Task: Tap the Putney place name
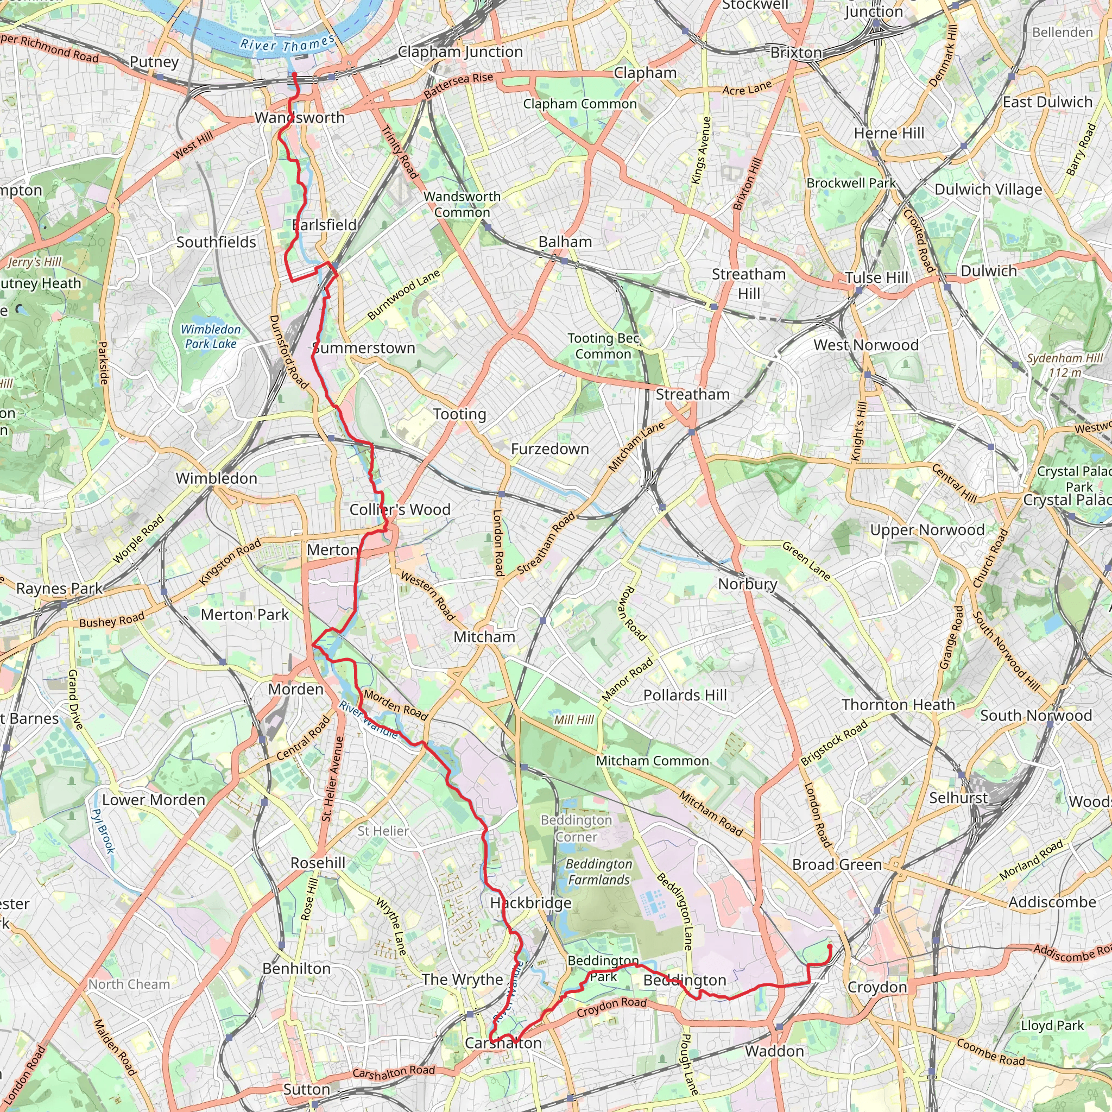[x=154, y=61]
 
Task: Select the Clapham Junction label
[x=460, y=52]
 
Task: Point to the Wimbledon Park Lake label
[x=211, y=336]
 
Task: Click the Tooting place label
[x=459, y=414]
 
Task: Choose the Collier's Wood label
[x=400, y=509]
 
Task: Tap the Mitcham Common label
[x=652, y=761]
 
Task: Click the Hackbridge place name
[x=530, y=903]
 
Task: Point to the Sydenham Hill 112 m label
[x=1064, y=365]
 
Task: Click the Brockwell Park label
[x=851, y=183]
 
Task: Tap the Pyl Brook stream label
[x=104, y=831]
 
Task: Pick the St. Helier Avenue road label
[x=333, y=779]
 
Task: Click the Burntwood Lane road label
[x=403, y=294]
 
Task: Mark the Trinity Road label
[x=400, y=152]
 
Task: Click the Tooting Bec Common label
[x=603, y=346]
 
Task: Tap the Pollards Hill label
[x=685, y=696]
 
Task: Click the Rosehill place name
[x=318, y=863]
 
